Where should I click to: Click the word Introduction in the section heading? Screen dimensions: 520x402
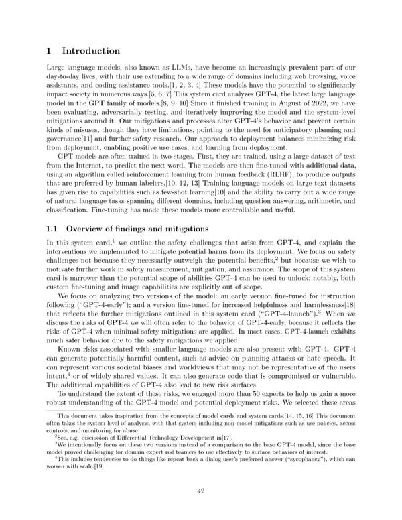(100, 50)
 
